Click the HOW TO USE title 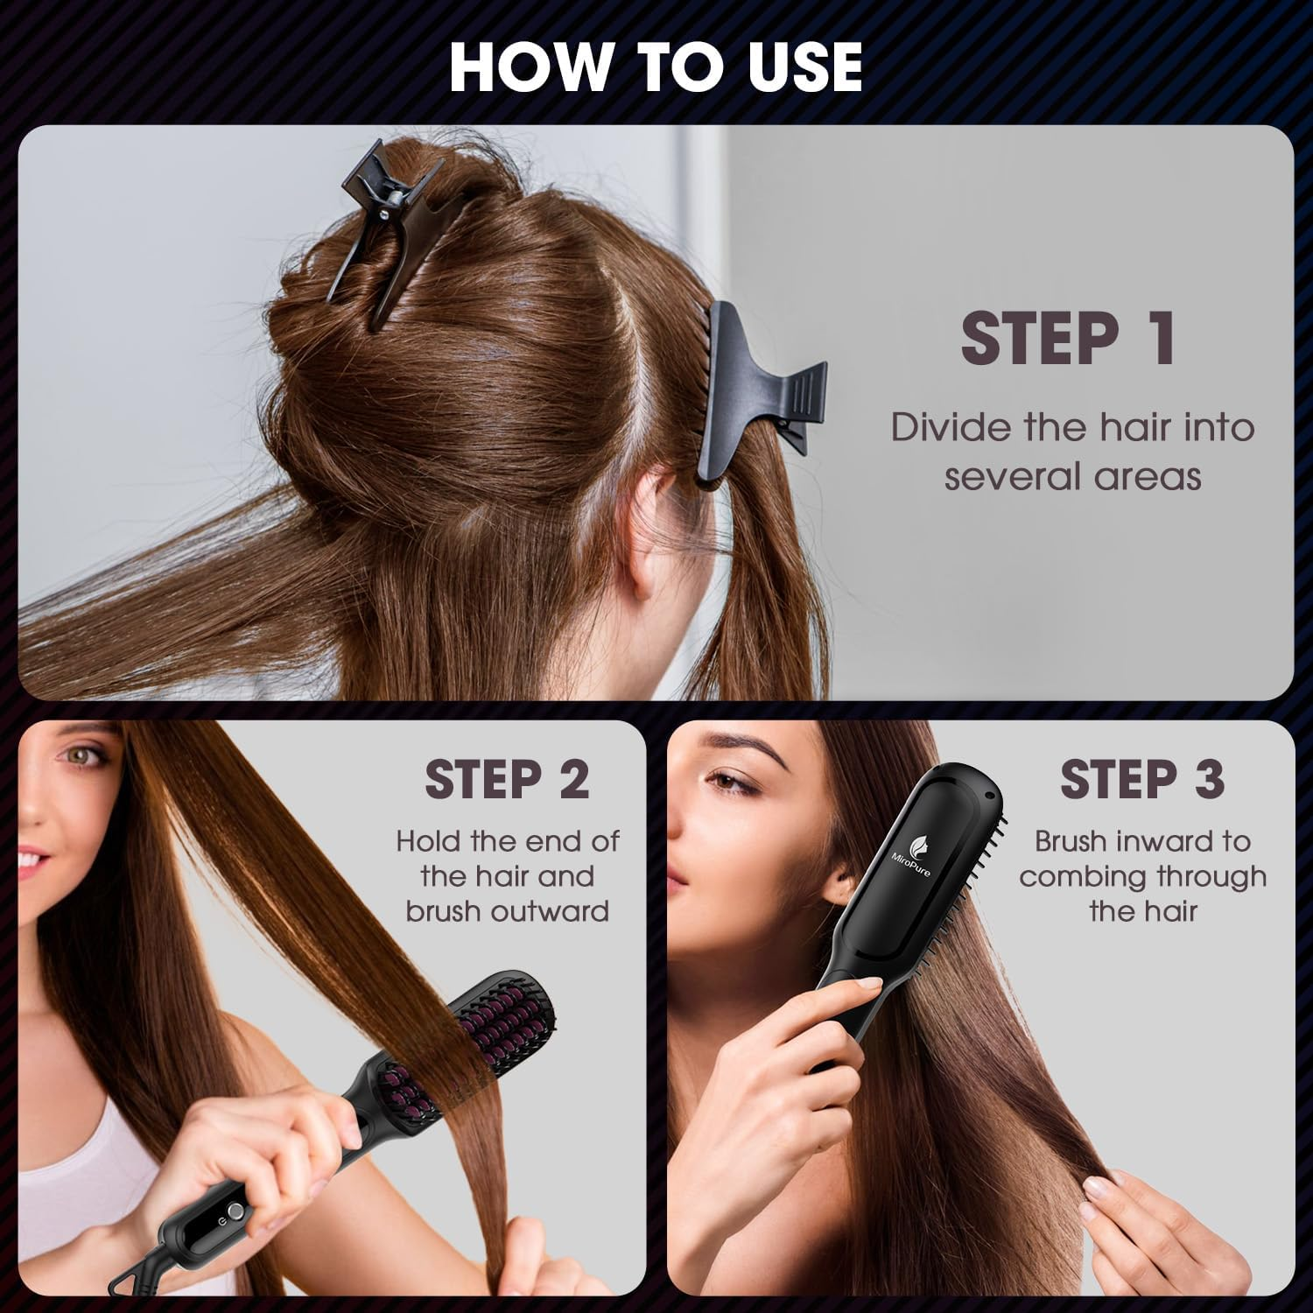click(656, 66)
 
